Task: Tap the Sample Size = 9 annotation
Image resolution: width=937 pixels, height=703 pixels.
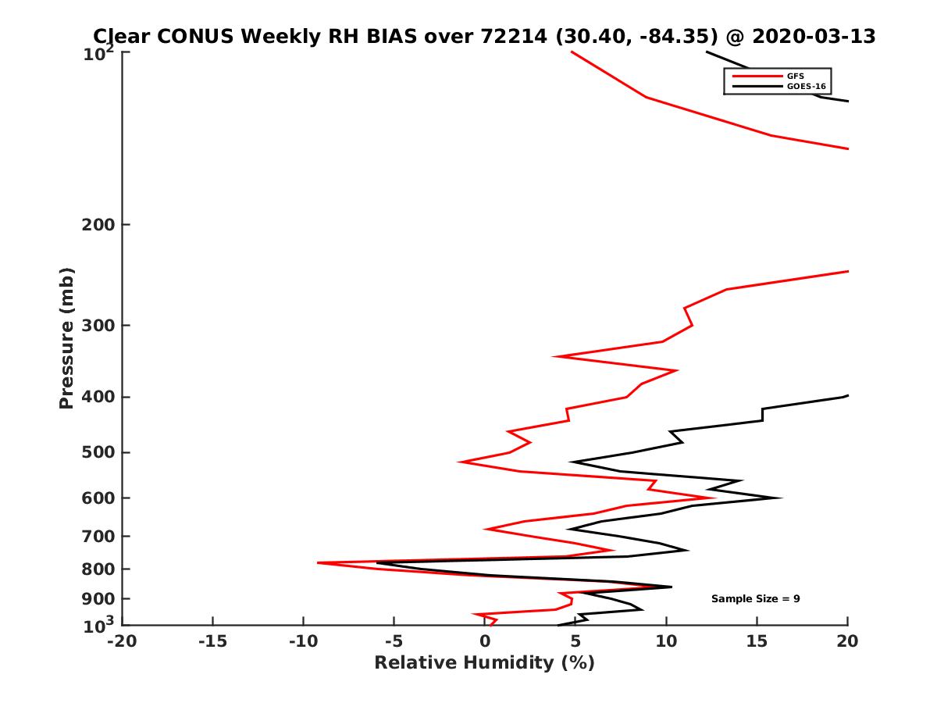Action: point(755,599)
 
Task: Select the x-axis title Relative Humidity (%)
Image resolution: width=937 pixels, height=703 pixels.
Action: point(484,663)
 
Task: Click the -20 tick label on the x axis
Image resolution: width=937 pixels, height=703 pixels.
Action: point(122,642)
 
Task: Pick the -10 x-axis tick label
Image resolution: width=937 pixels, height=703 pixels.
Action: point(303,642)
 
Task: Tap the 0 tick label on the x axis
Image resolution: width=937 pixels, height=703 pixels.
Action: point(485,642)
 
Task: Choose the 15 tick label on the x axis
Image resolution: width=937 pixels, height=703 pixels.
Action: point(757,642)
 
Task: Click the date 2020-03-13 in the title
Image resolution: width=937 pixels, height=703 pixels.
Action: point(812,37)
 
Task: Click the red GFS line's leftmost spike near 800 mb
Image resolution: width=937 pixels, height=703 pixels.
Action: point(318,562)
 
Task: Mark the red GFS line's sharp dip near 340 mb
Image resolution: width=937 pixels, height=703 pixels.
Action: point(554,356)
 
